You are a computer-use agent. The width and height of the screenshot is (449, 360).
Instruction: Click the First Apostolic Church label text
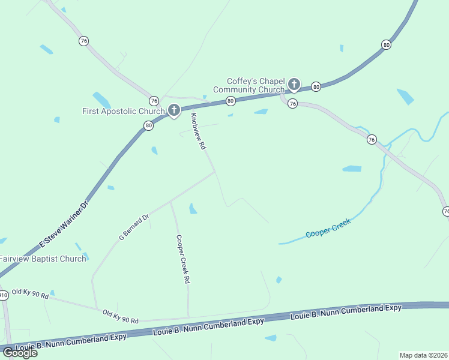click(x=123, y=111)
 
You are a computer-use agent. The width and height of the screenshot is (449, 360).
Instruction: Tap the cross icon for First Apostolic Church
click(x=174, y=110)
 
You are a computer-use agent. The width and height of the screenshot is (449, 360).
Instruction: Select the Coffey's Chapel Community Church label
click(x=255, y=86)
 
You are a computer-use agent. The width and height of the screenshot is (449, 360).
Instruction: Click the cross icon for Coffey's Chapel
click(x=294, y=84)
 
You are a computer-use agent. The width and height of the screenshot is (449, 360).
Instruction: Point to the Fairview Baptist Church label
click(x=42, y=259)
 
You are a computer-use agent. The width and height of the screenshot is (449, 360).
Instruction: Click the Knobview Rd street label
click(x=198, y=131)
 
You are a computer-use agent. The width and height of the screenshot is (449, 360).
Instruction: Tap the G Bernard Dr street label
click(x=133, y=227)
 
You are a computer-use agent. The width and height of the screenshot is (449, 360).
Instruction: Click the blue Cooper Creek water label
click(x=328, y=227)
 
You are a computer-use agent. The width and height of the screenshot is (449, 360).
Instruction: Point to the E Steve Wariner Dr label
click(x=64, y=225)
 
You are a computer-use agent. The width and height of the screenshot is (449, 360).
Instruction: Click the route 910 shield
click(x=4, y=295)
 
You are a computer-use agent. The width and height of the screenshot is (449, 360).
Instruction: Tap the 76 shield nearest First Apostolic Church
click(x=154, y=101)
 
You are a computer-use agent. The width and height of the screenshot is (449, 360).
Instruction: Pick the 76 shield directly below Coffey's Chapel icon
click(x=292, y=103)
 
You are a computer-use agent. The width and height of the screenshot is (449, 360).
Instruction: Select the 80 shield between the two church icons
click(x=231, y=101)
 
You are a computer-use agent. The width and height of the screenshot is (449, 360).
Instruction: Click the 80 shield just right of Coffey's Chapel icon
click(x=316, y=87)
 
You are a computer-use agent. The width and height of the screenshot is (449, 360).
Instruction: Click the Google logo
click(x=20, y=353)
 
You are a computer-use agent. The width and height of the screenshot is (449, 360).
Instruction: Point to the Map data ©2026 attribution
click(x=423, y=355)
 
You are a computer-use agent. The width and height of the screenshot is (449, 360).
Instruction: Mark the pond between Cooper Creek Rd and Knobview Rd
click(x=193, y=209)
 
